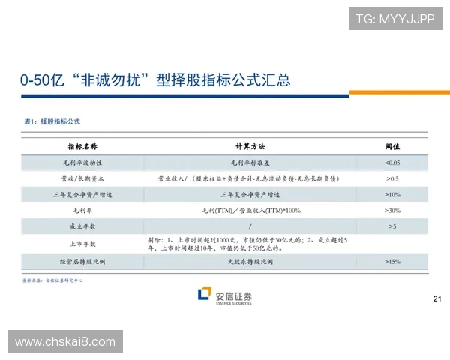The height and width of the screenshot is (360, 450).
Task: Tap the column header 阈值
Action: click(391, 146)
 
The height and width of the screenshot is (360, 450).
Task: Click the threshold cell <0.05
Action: click(391, 163)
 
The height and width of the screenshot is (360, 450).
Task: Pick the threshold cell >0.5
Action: click(391, 179)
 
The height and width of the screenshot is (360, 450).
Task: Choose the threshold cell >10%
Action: click(391, 195)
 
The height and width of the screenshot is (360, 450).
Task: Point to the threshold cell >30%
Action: click(391, 211)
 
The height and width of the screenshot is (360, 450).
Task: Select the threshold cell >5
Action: click(391, 226)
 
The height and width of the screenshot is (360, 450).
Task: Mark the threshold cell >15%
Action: click(391, 262)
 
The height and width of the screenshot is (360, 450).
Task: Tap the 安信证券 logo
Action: click(224, 296)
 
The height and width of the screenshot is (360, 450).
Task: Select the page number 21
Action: click(438, 300)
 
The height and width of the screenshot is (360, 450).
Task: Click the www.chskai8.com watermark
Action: click(65, 342)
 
